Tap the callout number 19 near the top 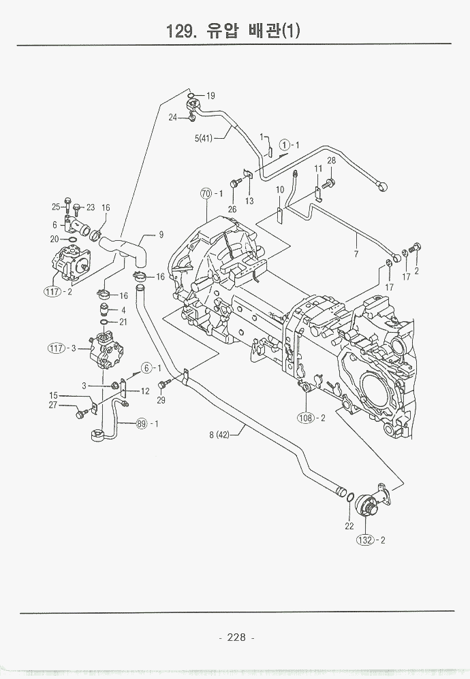pyautogui.click(x=210, y=96)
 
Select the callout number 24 pyautogui.click(x=174, y=117)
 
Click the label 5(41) pyautogui.click(x=204, y=139)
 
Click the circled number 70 pyautogui.click(x=206, y=193)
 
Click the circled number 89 pyautogui.click(x=142, y=424)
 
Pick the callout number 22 pyautogui.click(x=349, y=525)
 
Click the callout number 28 pyautogui.click(x=332, y=161)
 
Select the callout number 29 pyautogui.click(x=161, y=400)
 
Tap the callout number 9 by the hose pyautogui.click(x=161, y=235)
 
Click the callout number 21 pyautogui.click(x=123, y=322)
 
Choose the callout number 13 pyautogui.click(x=249, y=201)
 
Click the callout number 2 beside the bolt pyautogui.click(x=416, y=271)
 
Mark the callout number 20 pyautogui.click(x=54, y=239)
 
